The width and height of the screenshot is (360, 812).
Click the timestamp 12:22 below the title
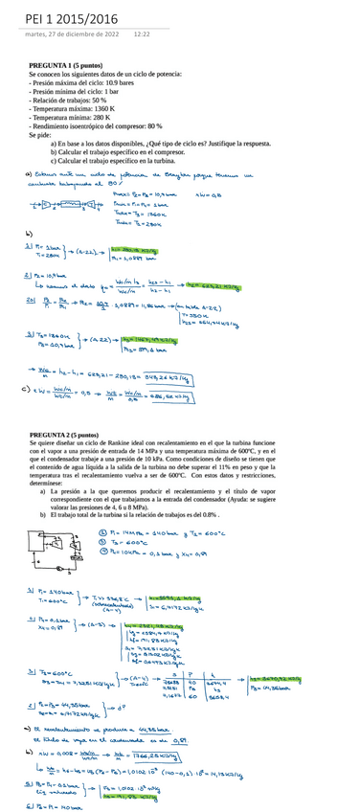(143, 34)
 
